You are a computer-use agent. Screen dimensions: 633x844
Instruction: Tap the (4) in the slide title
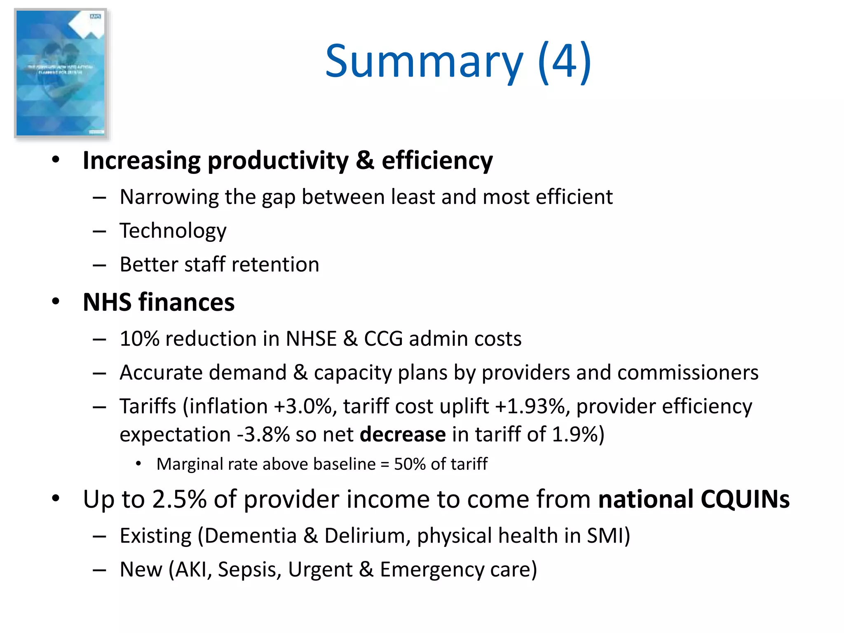pos(565,62)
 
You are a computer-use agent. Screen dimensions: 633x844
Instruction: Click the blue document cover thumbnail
pos(61,73)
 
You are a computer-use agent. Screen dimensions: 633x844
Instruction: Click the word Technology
pos(173,231)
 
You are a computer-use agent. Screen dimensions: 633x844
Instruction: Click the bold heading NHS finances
pos(159,302)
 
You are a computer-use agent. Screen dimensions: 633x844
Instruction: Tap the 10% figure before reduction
pos(139,339)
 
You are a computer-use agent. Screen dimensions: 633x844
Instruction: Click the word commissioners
pos(688,373)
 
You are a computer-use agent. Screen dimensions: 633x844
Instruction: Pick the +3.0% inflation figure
pos(303,406)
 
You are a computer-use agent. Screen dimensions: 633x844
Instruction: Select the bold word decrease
pos(403,434)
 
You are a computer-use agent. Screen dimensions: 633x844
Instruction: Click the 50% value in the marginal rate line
pos(410,464)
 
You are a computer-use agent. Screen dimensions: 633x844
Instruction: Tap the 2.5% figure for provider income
pos(179,499)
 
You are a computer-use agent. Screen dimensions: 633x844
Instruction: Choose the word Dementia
pos(251,536)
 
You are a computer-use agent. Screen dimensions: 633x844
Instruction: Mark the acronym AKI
pos(192,570)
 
